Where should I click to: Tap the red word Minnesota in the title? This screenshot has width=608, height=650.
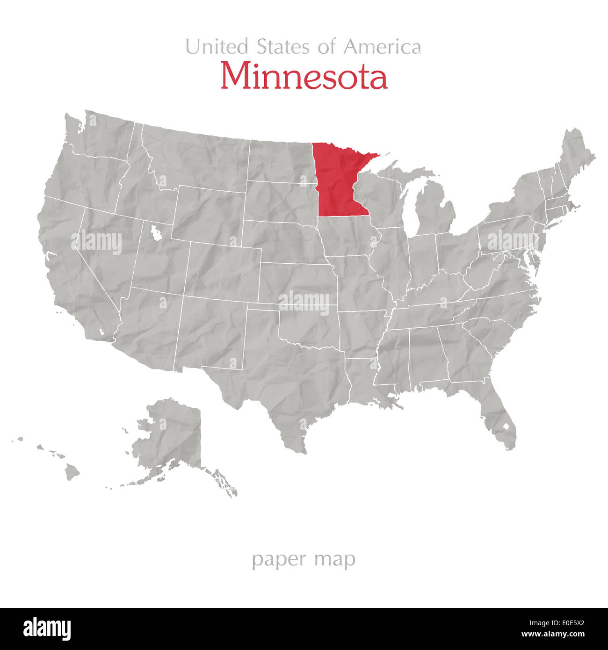coord(304,76)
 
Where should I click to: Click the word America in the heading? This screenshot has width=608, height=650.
coord(382,47)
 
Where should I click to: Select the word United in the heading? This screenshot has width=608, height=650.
coord(217,47)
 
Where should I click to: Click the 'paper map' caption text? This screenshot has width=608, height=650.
coord(304,559)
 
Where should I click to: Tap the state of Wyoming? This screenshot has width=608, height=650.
coord(210,213)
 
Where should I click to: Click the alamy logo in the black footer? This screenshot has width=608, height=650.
coord(47,629)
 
